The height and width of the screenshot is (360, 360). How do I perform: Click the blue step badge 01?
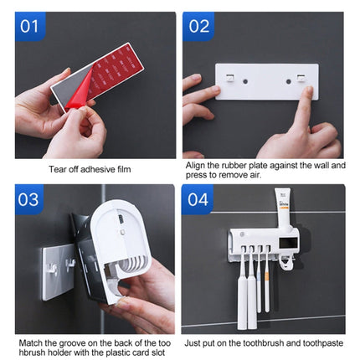point(29,26)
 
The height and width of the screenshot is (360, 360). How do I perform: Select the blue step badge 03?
point(29,199)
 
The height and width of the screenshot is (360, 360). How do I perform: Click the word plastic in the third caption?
point(111,352)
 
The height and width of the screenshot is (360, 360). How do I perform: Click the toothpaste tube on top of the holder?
point(282,209)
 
